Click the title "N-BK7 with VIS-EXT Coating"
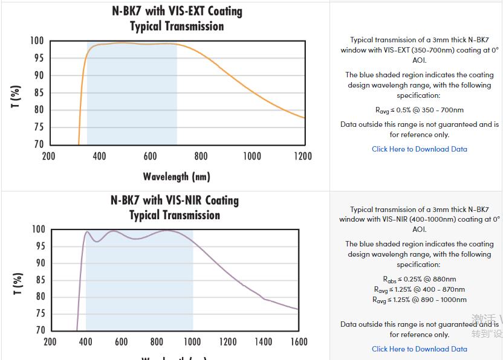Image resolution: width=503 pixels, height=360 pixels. click(x=177, y=11)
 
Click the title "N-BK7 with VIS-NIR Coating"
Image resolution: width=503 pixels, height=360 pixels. click(x=175, y=200)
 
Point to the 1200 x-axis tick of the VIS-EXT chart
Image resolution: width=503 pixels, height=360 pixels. click(x=303, y=156)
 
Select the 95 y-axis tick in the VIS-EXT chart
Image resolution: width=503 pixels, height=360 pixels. click(x=37, y=58)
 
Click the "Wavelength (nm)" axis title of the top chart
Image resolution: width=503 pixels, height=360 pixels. click(x=177, y=176)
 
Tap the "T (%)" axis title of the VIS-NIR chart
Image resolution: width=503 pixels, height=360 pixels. click(x=18, y=283)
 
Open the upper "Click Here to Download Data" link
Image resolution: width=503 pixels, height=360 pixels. click(x=419, y=149)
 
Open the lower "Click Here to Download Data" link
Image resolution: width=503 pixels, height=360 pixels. click(x=419, y=349)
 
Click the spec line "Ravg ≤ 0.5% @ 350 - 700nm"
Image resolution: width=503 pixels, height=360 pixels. click(x=419, y=110)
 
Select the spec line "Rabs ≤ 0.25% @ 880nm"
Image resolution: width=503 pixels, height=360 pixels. click(x=419, y=279)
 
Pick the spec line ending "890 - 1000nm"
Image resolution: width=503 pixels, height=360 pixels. click(x=419, y=300)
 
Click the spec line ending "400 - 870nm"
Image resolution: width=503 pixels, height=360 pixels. click(x=419, y=289)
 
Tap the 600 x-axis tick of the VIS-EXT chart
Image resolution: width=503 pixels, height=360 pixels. click(x=151, y=156)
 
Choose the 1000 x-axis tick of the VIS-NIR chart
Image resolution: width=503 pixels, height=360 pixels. click(x=192, y=342)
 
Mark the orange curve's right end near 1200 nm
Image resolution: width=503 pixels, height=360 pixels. click(x=304, y=118)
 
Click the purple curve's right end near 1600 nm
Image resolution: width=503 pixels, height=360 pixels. click(x=298, y=309)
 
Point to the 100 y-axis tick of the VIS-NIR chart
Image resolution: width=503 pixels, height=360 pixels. click(x=39, y=230)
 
